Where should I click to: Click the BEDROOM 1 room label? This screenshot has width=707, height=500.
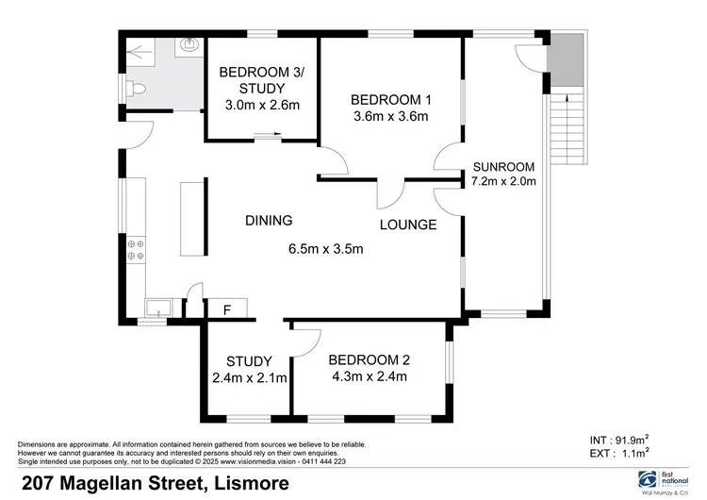[389, 100]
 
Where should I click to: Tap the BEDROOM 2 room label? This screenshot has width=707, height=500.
[368, 360]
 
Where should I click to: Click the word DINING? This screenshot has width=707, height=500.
[269, 221]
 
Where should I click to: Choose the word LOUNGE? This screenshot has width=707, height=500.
[408, 225]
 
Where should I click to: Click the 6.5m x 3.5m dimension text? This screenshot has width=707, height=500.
[325, 249]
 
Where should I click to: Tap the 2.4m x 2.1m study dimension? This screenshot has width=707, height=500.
[249, 377]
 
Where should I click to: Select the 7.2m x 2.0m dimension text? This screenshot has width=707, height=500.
[503, 181]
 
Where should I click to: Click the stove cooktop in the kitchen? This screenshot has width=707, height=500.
[135, 251]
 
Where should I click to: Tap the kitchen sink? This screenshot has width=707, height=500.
[158, 308]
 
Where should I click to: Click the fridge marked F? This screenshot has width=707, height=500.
[227, 308]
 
